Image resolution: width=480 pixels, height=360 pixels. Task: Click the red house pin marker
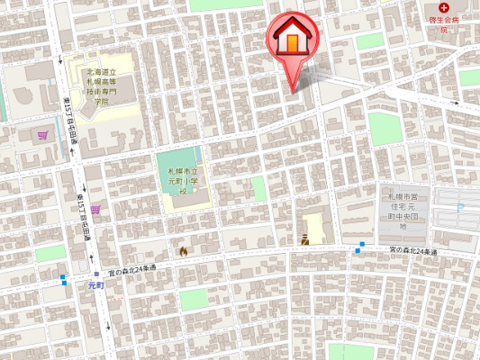pyautogui.click(x=294, y=40)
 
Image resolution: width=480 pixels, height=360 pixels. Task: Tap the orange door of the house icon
pyautogui.click(x=294, y=43)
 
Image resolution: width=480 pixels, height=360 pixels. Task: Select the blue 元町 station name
pyautogui.click(x=96, y=285)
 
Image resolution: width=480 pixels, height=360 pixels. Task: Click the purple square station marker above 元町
pyautogui.click(x=96, y=274)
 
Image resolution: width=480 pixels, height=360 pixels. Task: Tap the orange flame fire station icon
pyautogui.click(x=184, y=251)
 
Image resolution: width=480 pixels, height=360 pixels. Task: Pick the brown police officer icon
pyautogui.click(x=306, y=239)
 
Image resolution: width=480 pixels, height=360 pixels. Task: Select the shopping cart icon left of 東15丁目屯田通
pyautogui.click(x=42, y=137)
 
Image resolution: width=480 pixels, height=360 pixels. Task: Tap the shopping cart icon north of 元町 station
pyautogui.click(x=95, y=209)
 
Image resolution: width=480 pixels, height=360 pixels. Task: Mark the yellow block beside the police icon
pyautogui.click(x=314, y=224)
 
